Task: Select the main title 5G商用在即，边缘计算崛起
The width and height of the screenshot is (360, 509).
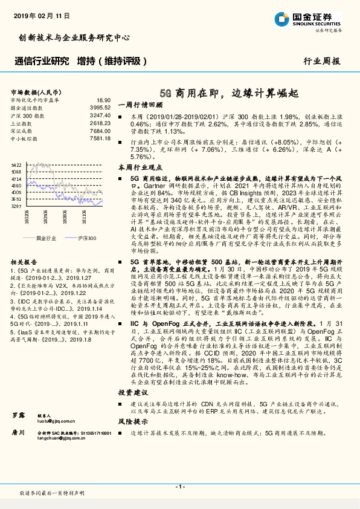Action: coord(230,94)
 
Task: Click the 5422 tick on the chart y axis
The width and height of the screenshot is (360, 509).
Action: coord(16,164)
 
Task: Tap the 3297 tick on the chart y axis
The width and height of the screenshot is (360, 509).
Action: coord(16,206)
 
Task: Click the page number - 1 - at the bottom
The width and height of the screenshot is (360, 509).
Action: coord(179,487)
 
